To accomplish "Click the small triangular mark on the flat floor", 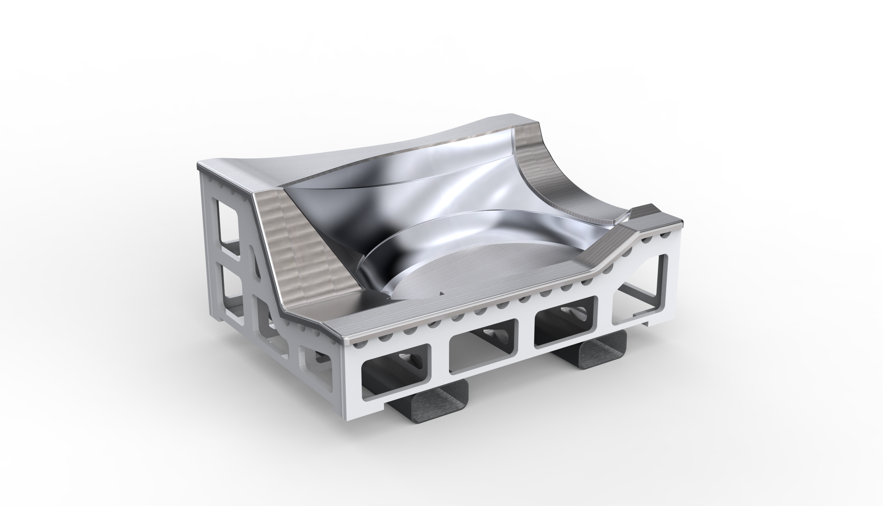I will [442, 293].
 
